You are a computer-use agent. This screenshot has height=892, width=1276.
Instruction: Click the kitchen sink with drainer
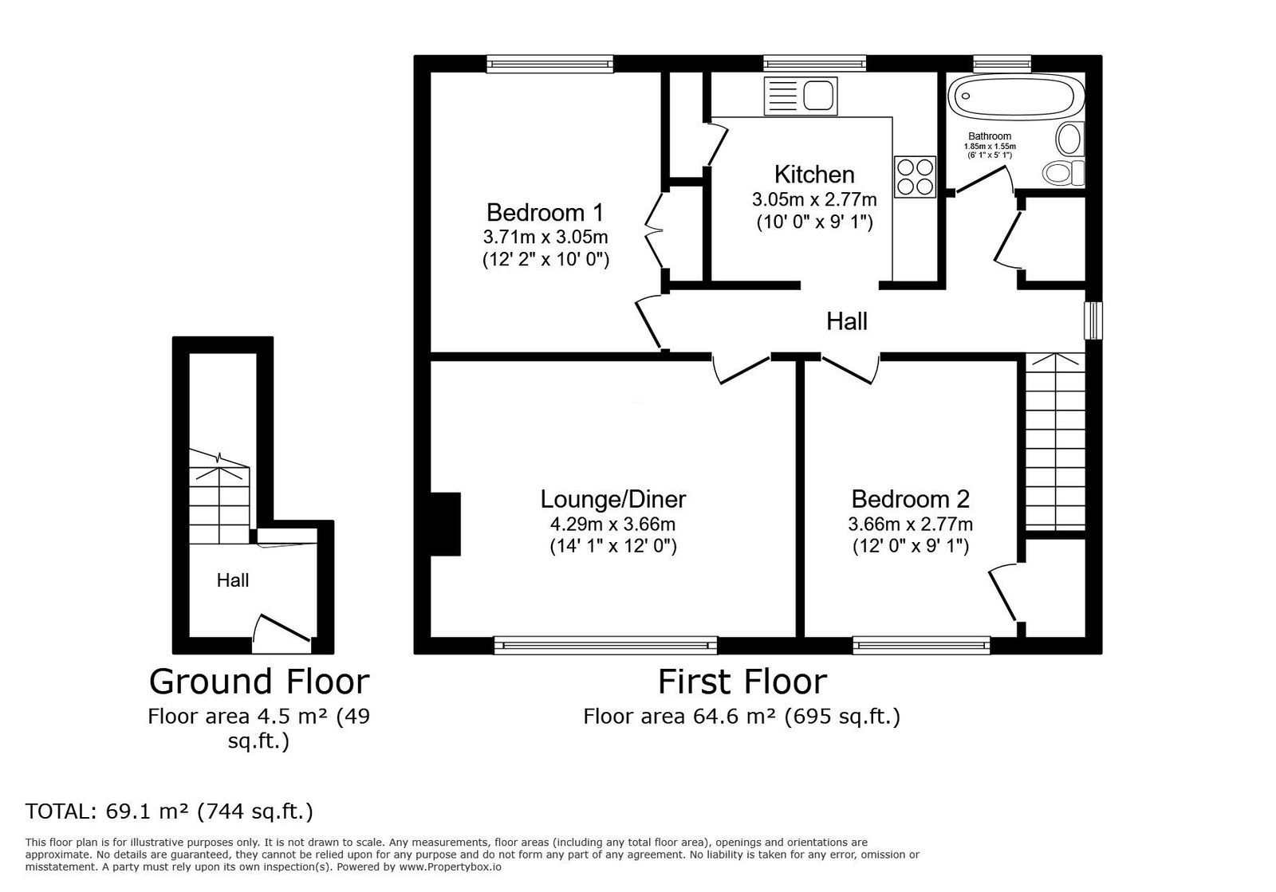pyautogui.click(x=801, y=96)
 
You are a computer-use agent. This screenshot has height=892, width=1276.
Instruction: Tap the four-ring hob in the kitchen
pyautogui.click(x=915, y=177)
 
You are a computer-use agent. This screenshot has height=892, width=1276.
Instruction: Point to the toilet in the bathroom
pyautogui.click(x=1064, y=172)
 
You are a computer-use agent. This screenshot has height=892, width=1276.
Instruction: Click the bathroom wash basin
pyautogui.click(x=1069, y=139)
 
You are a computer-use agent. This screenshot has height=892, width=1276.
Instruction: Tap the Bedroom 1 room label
pyautogui.click(x=545, y=213)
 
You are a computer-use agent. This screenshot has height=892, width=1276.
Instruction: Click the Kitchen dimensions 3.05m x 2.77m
pyautogui.click(x=814, y=200)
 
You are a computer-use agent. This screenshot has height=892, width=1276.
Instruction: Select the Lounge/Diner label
pyautogui.click(x=613, y=499)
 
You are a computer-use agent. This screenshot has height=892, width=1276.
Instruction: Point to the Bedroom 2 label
pyautogui.click(x=910, y=499)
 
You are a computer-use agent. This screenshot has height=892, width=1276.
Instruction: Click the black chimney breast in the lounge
pyautogui.click(x=445, y=524)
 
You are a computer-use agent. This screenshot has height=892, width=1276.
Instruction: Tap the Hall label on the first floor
pyautogui.click(x=847, y=321)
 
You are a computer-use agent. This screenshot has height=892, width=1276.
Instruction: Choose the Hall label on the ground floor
pyautogui.click(x=233, y=580)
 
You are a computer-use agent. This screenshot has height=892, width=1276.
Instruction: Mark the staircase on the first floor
pyautogui.click(x=1056, y=442)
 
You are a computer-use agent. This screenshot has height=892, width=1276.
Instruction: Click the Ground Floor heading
pyautogui.click(x=259, y=682)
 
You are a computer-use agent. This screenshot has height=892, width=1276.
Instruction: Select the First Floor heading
pyautogui.click(x=742, y=682)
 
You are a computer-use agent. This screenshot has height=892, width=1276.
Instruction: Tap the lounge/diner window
pyautogui.click(x=605, y=646)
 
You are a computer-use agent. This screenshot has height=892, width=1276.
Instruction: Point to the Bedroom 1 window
pyautogui.click(x=549, y=64)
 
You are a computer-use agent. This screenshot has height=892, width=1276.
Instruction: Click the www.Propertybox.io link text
pyautogui.click(x=450, y=867)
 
